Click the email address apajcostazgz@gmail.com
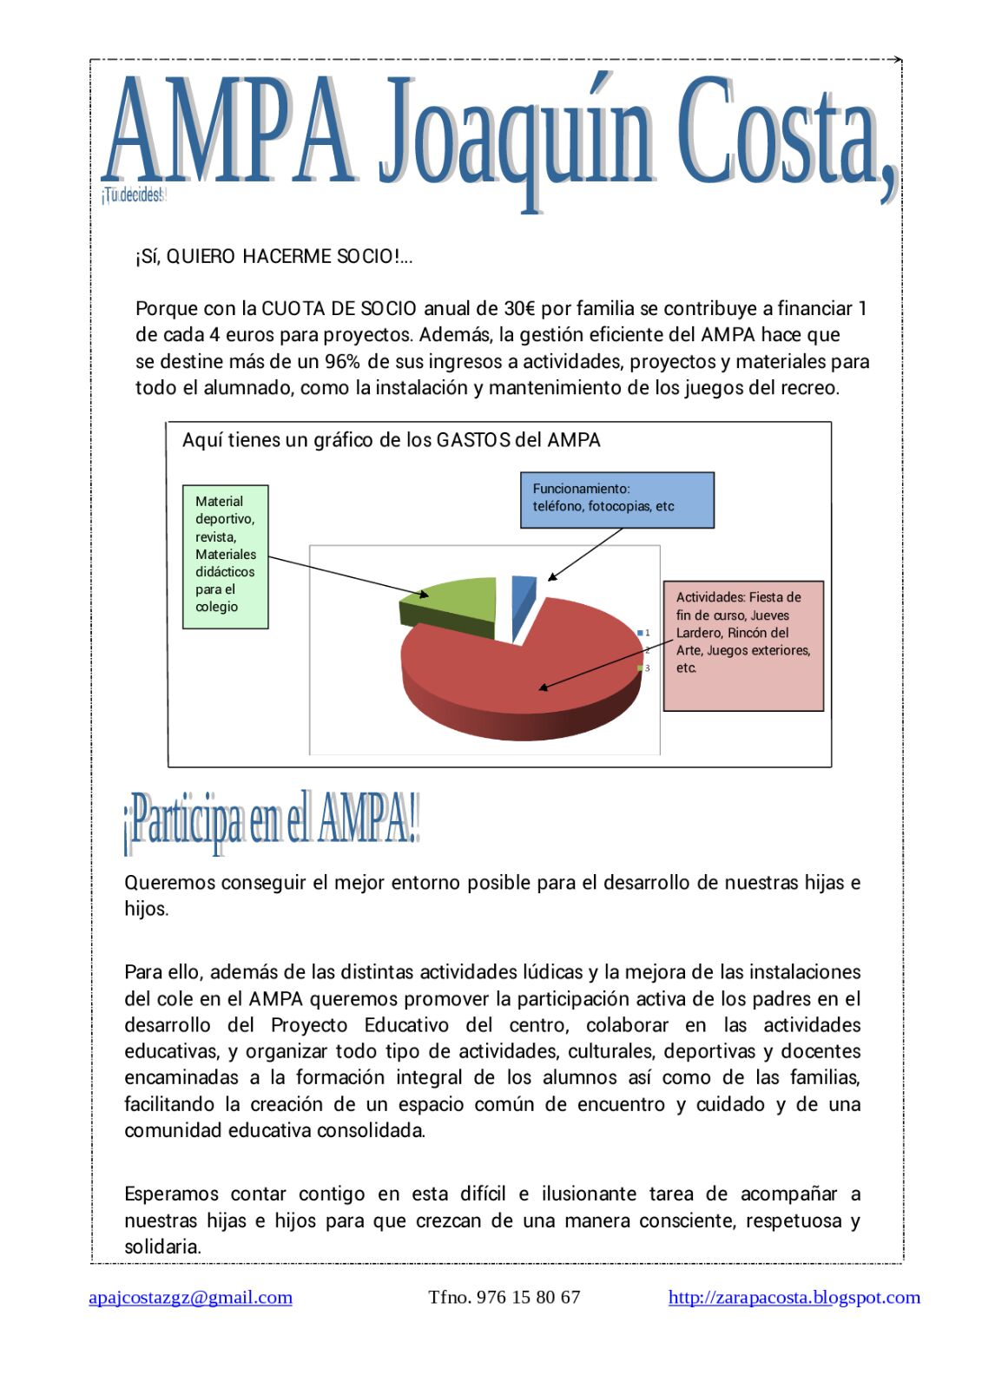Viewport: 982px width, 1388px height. click(190, 1297)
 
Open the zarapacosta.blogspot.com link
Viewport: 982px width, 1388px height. click(794, 1297)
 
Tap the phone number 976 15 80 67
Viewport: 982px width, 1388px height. click(528, 1297)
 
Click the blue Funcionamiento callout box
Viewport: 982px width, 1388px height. click(616, 499)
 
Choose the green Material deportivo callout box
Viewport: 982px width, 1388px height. click(225, 556)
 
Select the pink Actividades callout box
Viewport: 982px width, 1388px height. click(742, 645)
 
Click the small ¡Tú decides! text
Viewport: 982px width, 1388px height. click(132, 195)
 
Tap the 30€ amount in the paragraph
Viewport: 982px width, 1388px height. click(519, 309)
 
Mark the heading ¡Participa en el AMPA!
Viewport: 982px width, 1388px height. click(271, 819)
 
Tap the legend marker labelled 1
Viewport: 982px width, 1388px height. click(640, 633)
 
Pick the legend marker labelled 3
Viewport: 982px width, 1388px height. click(640, 668)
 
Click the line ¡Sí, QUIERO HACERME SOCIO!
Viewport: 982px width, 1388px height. click(274, 257)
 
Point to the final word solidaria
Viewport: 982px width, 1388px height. click(162, 1247)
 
